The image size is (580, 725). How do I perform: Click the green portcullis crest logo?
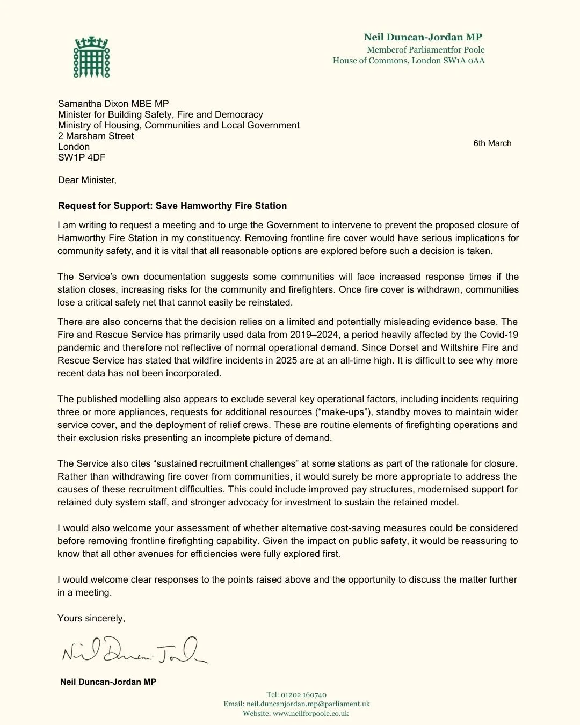(91, 57)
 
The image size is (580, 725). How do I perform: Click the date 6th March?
(492, 143)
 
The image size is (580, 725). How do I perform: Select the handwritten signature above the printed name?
(134, 650)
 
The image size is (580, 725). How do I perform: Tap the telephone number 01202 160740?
(304, 694)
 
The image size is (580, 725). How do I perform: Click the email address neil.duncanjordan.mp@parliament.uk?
(308, 704)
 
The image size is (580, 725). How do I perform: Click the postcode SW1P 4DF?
(82, 157)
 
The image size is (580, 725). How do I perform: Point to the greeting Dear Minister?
(87, 180)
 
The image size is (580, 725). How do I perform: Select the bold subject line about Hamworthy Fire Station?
(172, 206)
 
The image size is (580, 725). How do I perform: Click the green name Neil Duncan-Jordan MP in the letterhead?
(423, 37)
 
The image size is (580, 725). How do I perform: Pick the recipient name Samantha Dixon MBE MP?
(113, 104)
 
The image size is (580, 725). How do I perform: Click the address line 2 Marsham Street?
(96, 136)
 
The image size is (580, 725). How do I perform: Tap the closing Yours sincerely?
(91, 618)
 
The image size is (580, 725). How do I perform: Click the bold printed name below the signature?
(108, 682)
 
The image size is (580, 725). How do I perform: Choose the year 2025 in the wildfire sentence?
(286, 360)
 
